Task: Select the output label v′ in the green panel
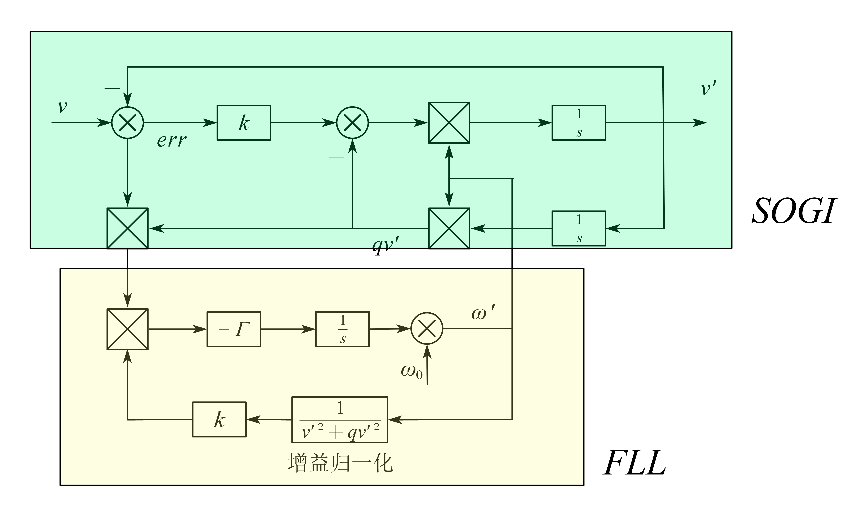pyautogui.click(x=708, y=88)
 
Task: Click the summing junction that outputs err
pyautogui.click(x=127, y=123)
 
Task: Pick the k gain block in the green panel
pyautogui.click(x=244, y=123)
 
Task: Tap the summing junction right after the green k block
pyautogui.click(x=352, y=123)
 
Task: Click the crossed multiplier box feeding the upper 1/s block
pyautogui.click(x=449, y=123)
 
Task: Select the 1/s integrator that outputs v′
pyautogui.click(x=579, y=123)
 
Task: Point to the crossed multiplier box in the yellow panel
pyautogui.click(x=127, y=329)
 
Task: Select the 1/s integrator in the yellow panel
pyautogui.click(x=342, y=329)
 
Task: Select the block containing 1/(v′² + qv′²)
pyautogui.click(x=340, y=420)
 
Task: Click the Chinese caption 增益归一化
pyautogui.click(x=340, y=463)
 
